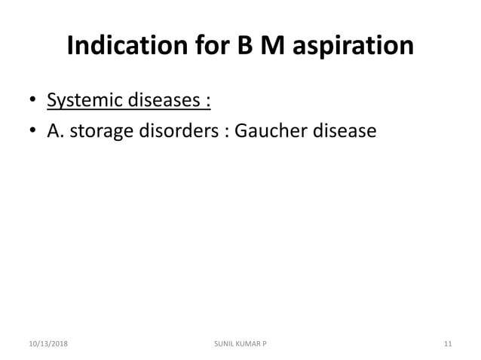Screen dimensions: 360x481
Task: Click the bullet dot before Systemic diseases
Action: coord(32,100)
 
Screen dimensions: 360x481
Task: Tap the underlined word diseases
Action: coord(161,99)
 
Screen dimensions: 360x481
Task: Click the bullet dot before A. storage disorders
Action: coord(32,133)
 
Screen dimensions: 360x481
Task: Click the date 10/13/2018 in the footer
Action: coord(47,344)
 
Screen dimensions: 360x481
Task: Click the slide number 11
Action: coord(448,344)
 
